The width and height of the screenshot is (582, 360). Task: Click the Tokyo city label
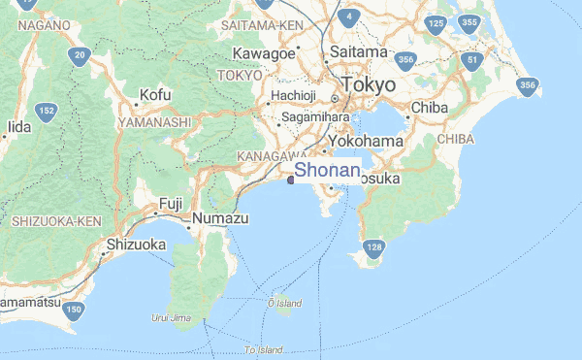click(370, 85)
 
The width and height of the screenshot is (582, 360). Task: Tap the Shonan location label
click(327, 171)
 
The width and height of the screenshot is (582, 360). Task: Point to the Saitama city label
click(358, 50)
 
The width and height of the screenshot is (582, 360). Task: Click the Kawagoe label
click(263, 52)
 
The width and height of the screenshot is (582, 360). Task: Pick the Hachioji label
click(294, 95)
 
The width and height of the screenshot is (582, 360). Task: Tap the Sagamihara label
click(314, 118)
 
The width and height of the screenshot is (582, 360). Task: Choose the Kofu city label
click(155, 95)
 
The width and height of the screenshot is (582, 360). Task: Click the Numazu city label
click(220, 219)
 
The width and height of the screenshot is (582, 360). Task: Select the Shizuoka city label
click(137, 245)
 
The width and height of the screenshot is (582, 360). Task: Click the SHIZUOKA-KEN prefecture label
click(57, 221)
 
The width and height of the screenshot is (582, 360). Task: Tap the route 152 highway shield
click(47, 113)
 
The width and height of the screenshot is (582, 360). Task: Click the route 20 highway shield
click(80, 55)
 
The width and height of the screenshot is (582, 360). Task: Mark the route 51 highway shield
click(473, 60)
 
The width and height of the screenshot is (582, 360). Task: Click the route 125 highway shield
click(436, 24)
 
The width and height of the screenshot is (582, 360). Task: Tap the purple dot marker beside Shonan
click(290, 179)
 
